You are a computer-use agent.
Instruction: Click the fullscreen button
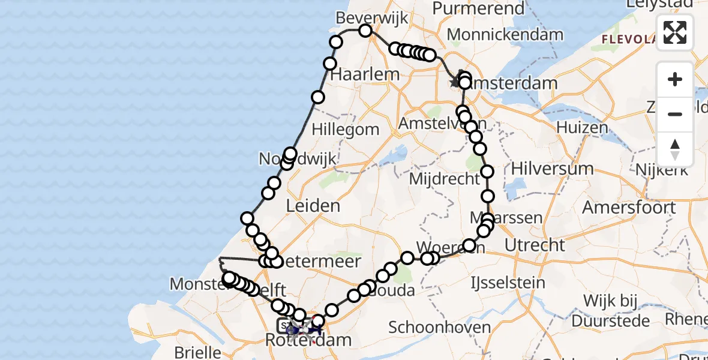pyautogui.click(x=675, y=32)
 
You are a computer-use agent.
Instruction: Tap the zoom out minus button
pyautogui.click(x=675, y=115)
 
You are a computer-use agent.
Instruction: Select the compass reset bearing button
pyautogui.click(x=675, y=149)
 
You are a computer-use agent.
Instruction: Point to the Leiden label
pyautogui.click(x=313, y=206)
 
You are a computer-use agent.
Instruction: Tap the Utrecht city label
pyautogui.click(x=535, y=245)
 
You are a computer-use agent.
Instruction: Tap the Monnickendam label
pyautogui.click(x=505, y=35)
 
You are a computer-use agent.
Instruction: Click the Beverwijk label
pyautogui.click(x=364, y=18)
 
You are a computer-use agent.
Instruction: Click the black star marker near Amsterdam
pyautogui.click(x=455, y=82)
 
